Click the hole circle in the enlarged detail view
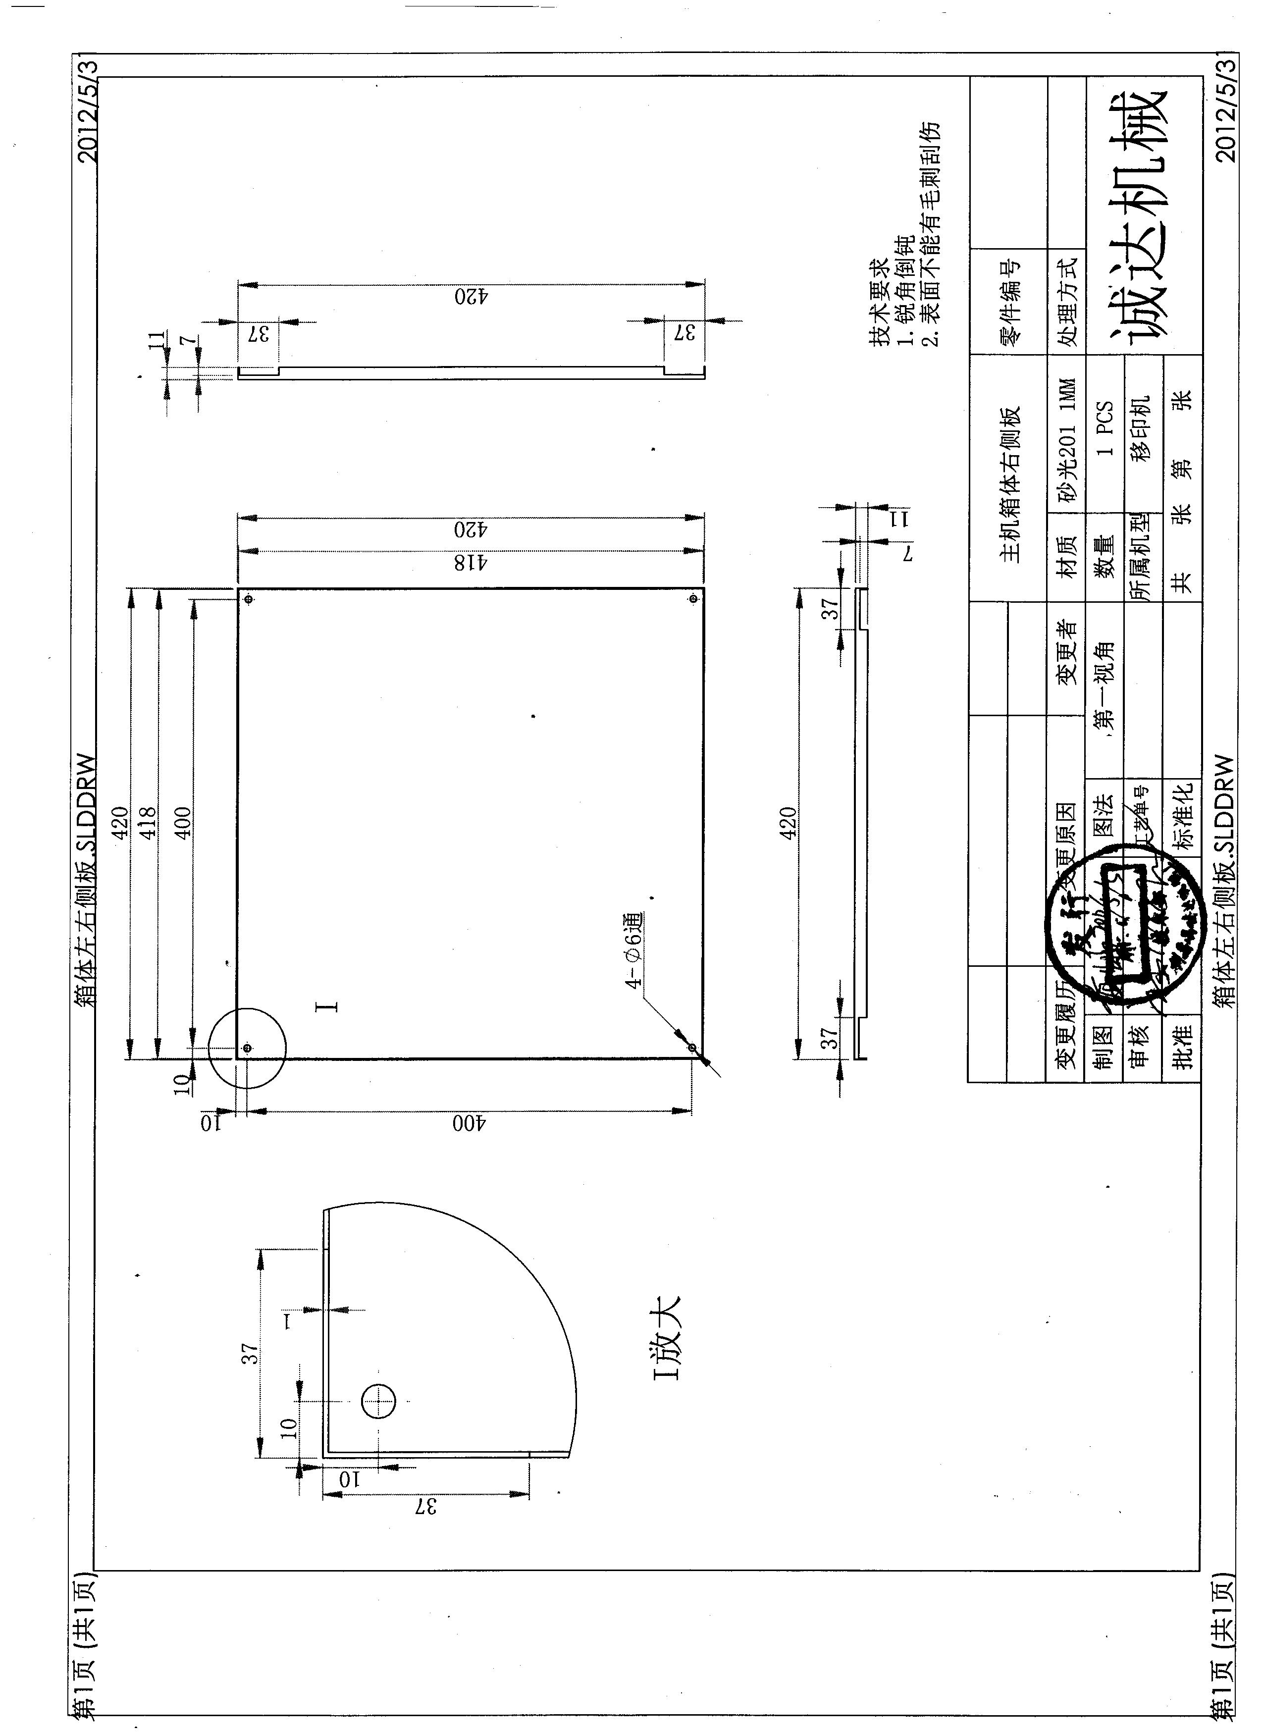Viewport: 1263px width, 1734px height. pyautogui.click(x=378, y=1402)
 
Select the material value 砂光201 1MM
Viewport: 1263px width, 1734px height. pyautogui.click(x=1066, y=438)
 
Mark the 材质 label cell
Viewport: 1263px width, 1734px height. pyautogui.click(x=1066, y=555)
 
